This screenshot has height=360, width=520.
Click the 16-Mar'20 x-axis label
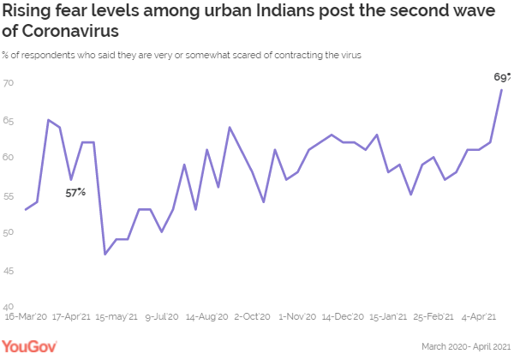coord(26,316)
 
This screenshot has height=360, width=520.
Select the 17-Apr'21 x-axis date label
coord(72,316)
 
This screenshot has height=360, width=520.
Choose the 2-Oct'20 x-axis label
coord(253,316)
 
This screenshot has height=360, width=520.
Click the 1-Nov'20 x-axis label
coord(296,316)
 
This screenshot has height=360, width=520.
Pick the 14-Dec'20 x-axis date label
coord(342,316)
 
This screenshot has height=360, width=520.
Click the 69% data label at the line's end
coord(503,77)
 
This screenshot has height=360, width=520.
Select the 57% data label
coord(75,192)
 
